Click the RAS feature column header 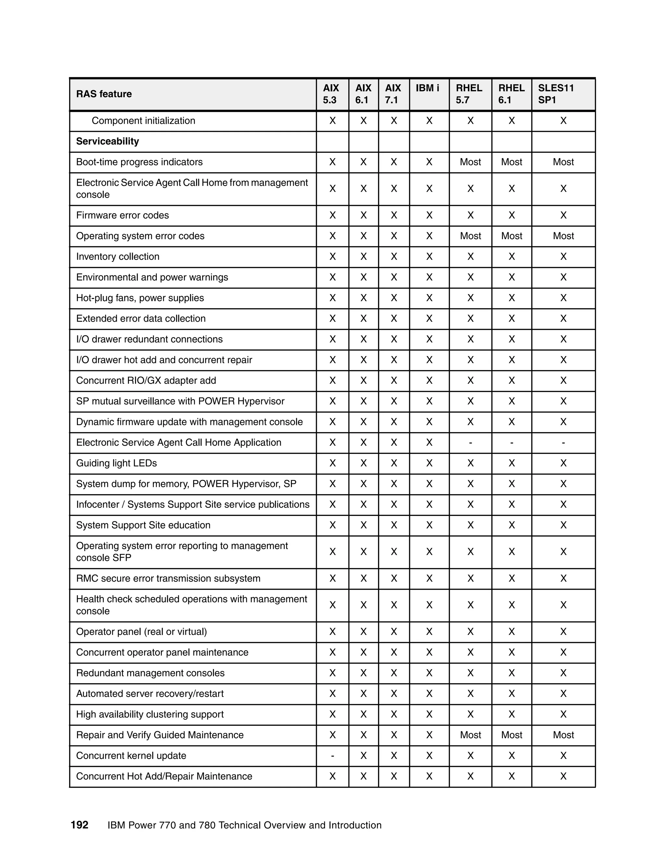(x=104, y=94)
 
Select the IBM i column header (x=427, y=88)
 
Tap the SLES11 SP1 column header (x=556, y=94)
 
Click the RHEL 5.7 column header (x=469, y=94)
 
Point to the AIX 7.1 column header (x=393, y=94)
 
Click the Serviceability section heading (x=107, y=142)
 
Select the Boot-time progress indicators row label (x=139, y=162)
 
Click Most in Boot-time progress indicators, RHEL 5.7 (x=471, y=162)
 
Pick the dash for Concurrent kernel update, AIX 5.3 (x=332, y=756)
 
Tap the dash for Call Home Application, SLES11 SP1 (x=563, y=443)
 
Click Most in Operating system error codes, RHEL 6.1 (x=511, y=236)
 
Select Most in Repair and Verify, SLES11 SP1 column (x=563, y=735)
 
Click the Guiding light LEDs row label (x=117, y=463)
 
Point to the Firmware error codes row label (x=122, y=215)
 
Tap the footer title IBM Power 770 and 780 (x=244, y=826)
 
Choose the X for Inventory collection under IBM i (x=429, y=257)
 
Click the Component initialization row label (x=144, y=121)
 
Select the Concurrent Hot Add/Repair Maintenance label (x=164, y=776)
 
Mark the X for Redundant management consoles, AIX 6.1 (x=363, y=673)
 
